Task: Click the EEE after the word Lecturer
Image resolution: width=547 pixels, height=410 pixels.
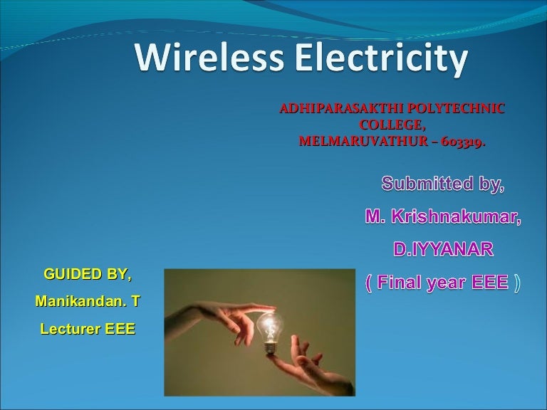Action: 118,330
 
